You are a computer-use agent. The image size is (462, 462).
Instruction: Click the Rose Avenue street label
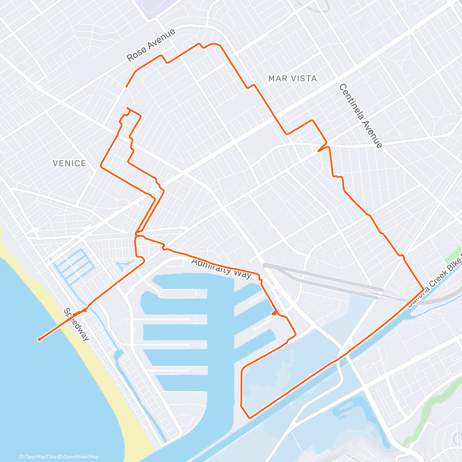click(151, 45)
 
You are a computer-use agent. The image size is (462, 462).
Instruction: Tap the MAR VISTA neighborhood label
click(293, 79)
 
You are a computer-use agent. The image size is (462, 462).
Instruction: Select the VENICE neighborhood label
click(69, 163)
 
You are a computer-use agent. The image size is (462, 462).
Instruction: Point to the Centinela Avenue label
click(360, 116)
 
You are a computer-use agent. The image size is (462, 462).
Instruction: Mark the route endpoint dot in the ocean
click(39, 339)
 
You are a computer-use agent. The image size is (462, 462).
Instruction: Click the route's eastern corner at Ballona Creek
click(423, 289)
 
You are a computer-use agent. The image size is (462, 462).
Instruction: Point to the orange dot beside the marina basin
click(274, 313)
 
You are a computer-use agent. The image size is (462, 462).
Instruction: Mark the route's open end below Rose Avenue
click(126, 87)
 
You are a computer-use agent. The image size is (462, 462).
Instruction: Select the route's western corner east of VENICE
click(101, 166)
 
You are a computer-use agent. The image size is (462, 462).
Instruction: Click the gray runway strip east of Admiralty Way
click(323, 277)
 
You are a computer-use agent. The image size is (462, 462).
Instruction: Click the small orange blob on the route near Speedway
click(84, 310)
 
